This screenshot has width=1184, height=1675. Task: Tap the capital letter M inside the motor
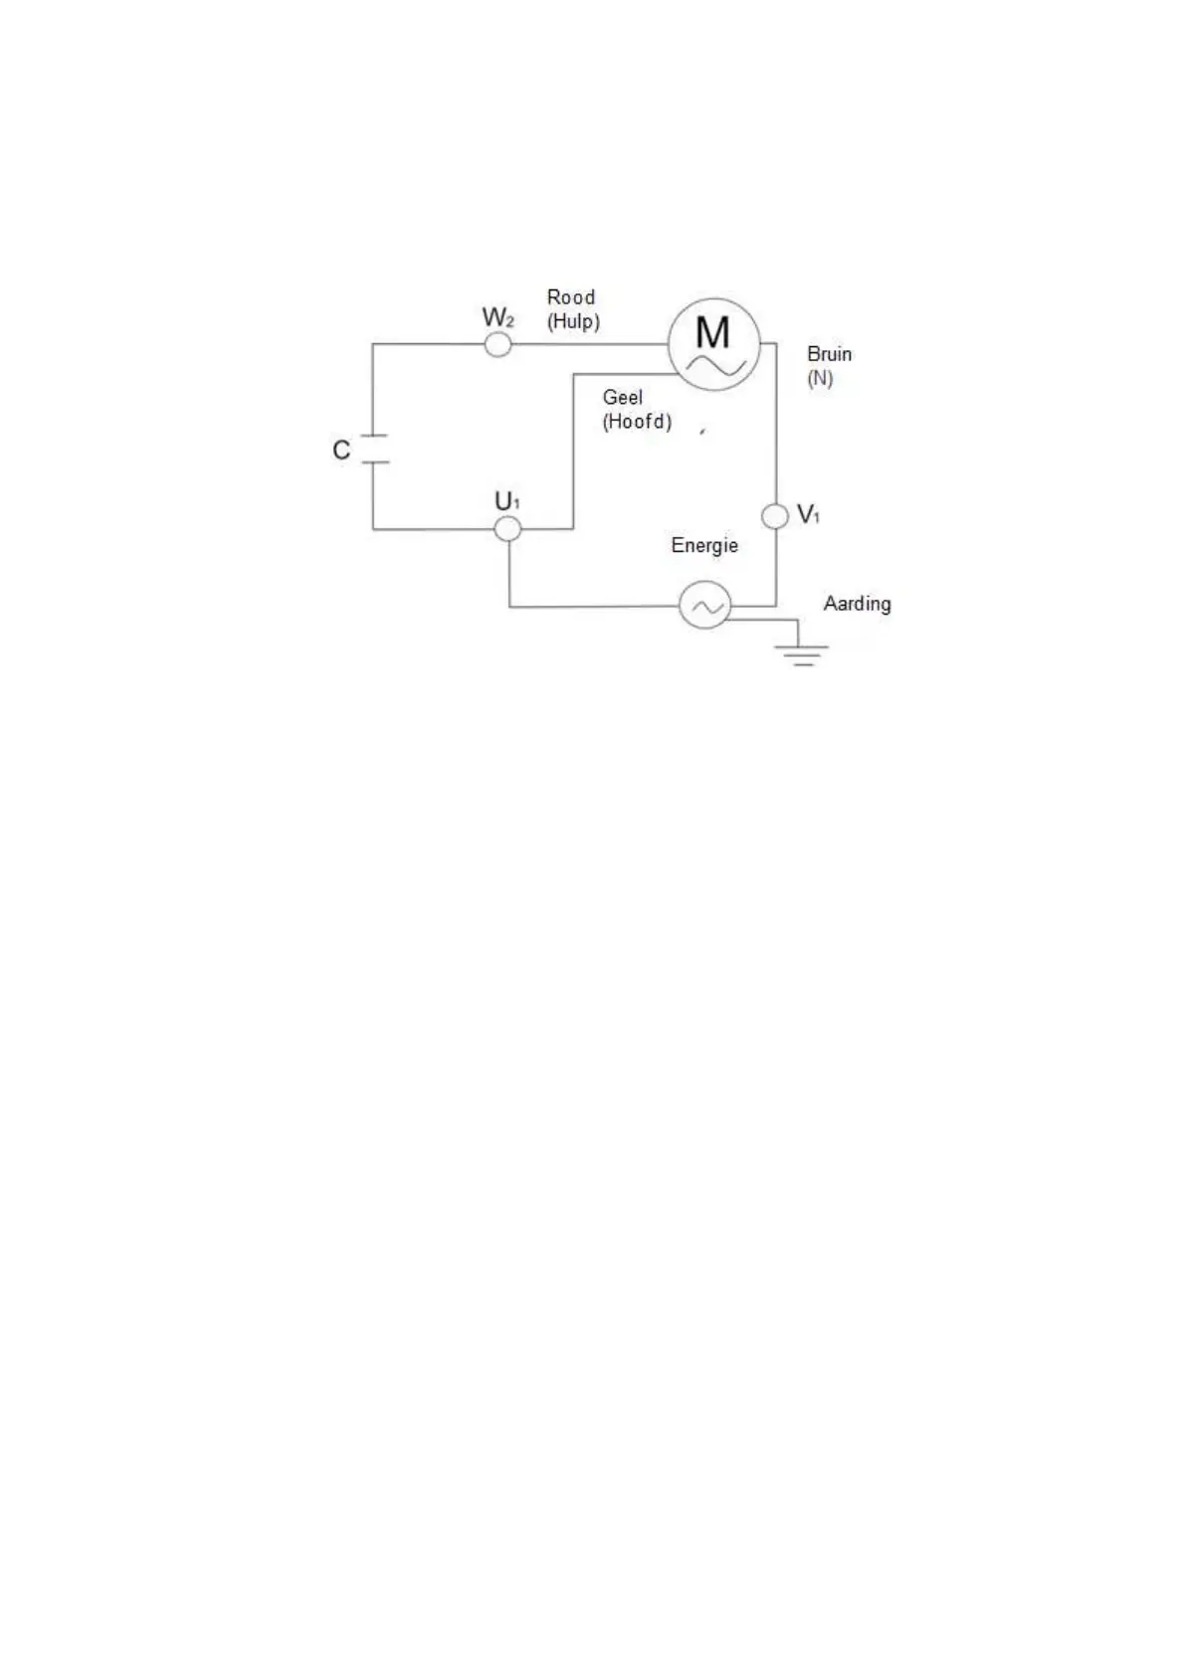tap(712, 331)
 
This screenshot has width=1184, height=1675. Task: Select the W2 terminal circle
tap(497, 344)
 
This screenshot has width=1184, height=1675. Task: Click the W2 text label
tap(498, 318)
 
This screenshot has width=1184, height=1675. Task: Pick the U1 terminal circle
tap(508, 528)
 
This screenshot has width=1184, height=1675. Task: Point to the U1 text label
tap(507, 502)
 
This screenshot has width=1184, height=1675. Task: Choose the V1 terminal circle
tap(775, 516)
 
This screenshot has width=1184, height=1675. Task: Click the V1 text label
tap(809, 514)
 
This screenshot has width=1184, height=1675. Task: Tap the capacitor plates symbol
tap(373, 449)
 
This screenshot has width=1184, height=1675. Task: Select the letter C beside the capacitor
tap(341, 451)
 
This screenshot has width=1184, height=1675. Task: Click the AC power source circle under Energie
tap(704, 605)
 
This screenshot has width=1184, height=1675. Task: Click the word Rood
tap(571, 297)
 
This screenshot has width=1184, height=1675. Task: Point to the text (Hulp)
tap(573, 321)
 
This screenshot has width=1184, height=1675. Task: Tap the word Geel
tap(623, 397)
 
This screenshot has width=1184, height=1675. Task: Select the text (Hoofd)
tap(637, 421)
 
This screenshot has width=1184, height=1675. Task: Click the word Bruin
tap(829, 354)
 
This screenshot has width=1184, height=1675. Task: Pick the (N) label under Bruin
tap(820, 378)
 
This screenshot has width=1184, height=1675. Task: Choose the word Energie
tap(704, 545)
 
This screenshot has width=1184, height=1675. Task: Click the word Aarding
tap(857, 604)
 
